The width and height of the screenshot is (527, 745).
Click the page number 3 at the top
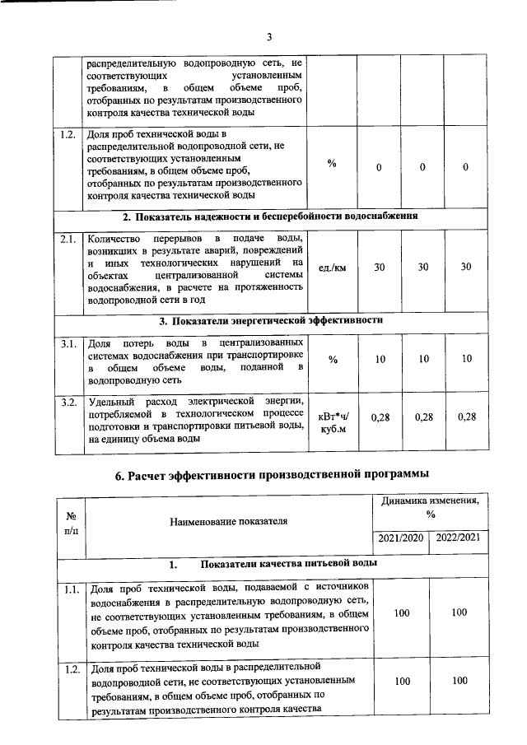[x=268, y=36]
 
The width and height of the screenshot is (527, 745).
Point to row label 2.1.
[x=69, y=240]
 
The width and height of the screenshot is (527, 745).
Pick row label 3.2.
[x=69, y=402]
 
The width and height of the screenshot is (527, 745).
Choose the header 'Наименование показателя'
[x=228, y=522]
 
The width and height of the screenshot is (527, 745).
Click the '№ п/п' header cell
[x=70, y=523]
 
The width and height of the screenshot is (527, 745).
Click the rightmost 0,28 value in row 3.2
[x=466, y=417]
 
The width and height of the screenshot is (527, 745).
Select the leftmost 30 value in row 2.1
[x=379, y=267]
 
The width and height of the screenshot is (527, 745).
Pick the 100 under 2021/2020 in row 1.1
[x=402, y=612]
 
